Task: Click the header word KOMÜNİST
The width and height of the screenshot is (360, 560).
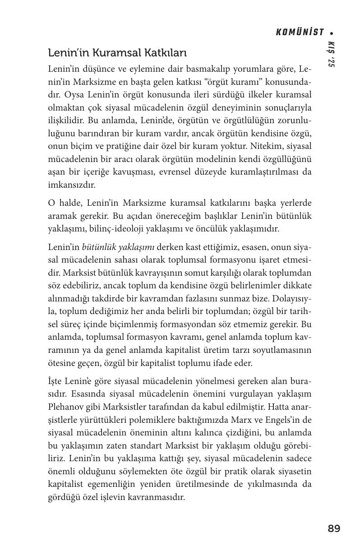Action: (300, 32)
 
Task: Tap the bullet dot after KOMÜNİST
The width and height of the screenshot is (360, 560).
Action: (332, 33)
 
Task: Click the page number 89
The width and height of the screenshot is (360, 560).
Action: (334, 528)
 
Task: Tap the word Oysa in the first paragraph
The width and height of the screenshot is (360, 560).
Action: (75, 96)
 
